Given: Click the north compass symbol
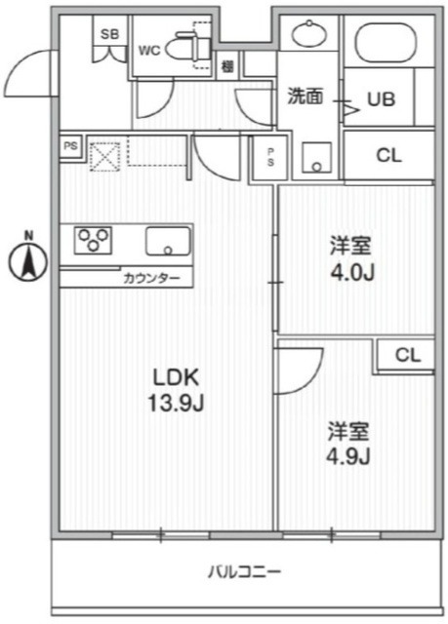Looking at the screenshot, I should click(29, 259).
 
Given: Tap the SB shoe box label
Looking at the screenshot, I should click(110, 34).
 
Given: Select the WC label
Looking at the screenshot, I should click(149, 50).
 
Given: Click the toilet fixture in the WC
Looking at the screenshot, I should click(183, 46).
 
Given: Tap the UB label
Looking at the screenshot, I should click(381, 97).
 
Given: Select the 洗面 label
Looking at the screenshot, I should click(305, 97).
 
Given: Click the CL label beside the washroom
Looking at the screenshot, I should click(388, 154).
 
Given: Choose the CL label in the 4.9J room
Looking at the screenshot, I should click(408, 356).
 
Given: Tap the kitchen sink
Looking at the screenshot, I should click(169, 241).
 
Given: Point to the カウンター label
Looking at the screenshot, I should click(151, 278).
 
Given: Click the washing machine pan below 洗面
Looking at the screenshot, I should click(316, 159).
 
